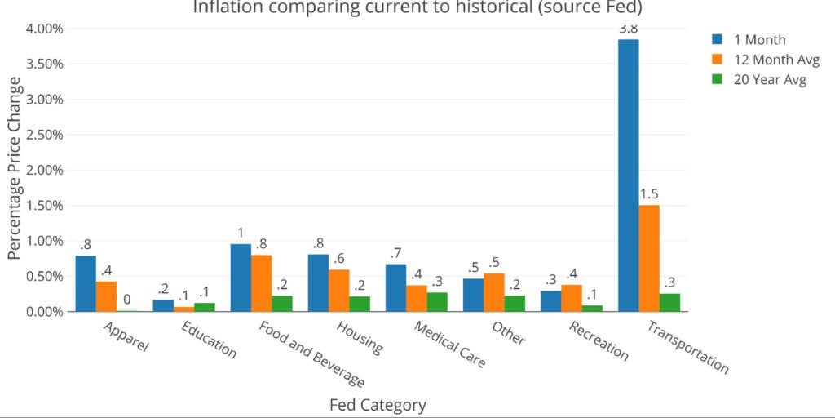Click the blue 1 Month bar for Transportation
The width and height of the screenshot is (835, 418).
[x=628, y=176]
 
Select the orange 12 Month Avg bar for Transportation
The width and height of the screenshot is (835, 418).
[x=649, y=258]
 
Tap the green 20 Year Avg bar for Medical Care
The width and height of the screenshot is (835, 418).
[x=437, y=302]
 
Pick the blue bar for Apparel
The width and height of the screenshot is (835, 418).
[x=86, y=283]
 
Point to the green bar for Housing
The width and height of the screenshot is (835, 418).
[x=360, y=304]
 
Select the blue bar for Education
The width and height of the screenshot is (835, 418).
[x=163, y=305]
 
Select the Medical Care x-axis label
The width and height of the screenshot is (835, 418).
[x=449, y=344]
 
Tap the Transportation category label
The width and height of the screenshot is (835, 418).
[x=687, y=347]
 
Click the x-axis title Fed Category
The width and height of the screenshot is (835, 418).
[x=378, y=405]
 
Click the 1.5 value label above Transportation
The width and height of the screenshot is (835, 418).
[x=649, y=194]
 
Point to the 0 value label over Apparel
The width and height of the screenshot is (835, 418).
[x=126, y=300]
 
